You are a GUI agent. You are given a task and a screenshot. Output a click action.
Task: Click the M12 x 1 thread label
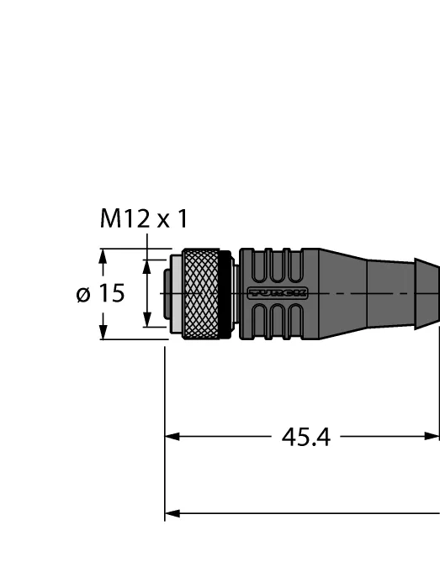[144, 218]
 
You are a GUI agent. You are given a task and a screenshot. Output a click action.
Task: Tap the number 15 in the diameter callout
[112, 293]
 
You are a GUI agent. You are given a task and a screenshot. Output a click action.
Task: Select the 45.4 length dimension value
[306, 438]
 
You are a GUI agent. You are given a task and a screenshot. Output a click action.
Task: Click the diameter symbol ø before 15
[83, 294]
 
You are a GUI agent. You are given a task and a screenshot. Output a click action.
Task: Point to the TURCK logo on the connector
[278, 293]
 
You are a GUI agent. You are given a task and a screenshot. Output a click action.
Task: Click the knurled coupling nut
[201, 294]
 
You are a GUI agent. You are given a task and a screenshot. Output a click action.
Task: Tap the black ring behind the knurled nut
[225, 294]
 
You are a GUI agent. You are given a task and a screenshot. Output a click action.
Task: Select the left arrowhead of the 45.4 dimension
[172, 437]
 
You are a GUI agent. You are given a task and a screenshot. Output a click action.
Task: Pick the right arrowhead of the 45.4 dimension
[432, 436]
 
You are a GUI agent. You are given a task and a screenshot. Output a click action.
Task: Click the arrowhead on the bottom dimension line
[172, 513]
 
